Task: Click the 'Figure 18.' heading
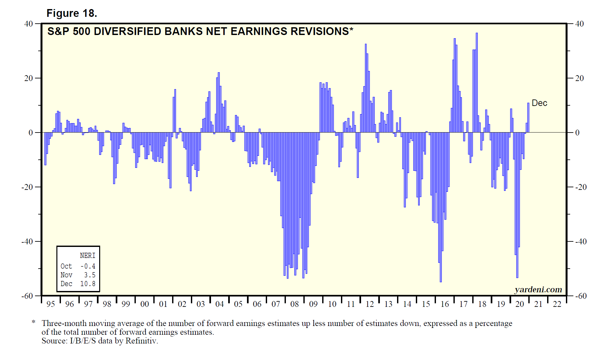tap(72, 13)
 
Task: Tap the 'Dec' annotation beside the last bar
tap(539, 103)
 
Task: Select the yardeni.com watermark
tap(538, 289)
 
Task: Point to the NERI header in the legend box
tap(88, 256)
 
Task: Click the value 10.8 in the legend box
tap(88, 284)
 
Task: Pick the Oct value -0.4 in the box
tap(88, 266)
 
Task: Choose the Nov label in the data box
tap(66, 275)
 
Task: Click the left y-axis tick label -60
tap(28, 296)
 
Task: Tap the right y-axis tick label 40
tap(580, 24)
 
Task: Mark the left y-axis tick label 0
tap(31, 133)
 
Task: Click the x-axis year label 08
tap(294, 304)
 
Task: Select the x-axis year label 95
tap(51, 304)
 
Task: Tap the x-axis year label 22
tap(557, 304)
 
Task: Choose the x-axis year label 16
tap(445, 304)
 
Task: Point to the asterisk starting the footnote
tap(33, 322)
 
